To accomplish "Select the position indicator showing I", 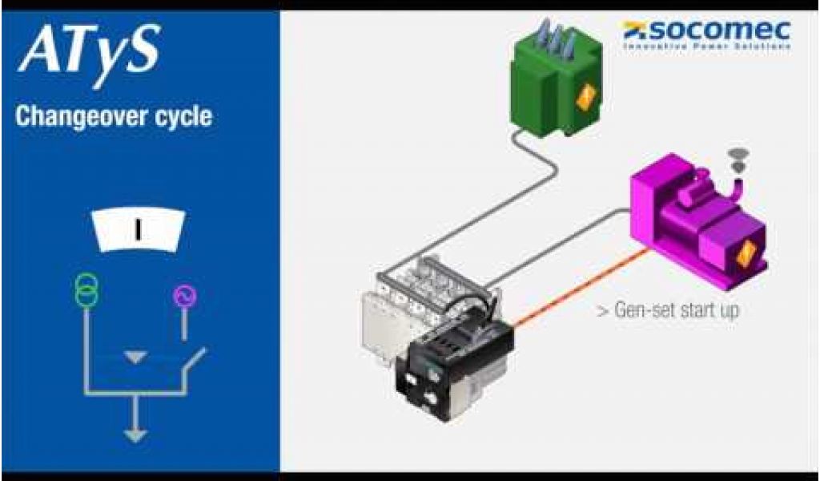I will click(x=137, y=230).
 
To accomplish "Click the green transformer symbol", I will click(x=86, y=289).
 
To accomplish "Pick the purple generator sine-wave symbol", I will click(x=185, y=297).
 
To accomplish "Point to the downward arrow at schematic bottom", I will click(x=135, y=433).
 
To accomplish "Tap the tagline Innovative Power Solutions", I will click(x=707, y=46).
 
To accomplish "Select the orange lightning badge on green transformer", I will click(x=586, y=98).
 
